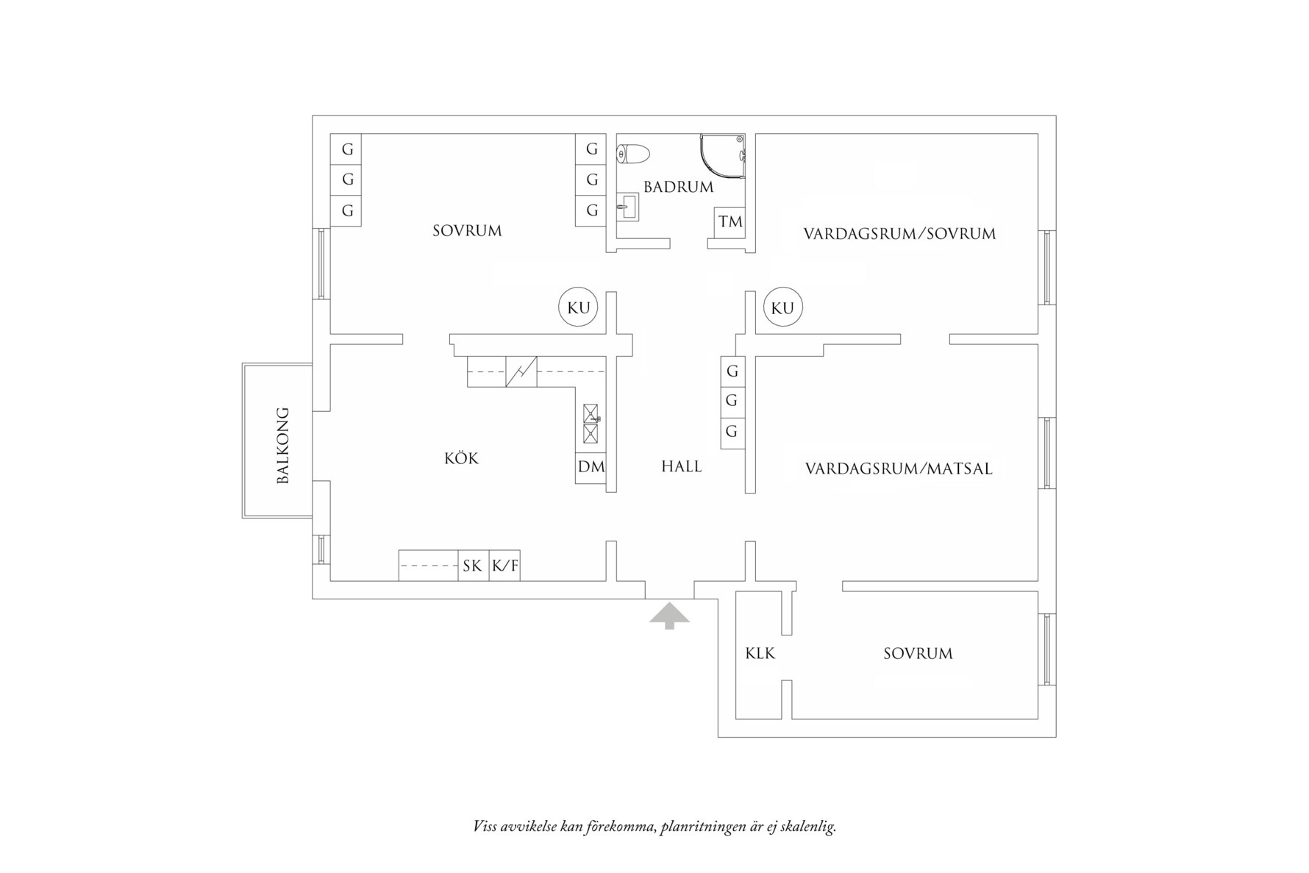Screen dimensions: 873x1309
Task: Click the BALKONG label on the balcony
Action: click(x=283, y=445)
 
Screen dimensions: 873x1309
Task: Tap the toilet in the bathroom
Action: click(x=633, y=154)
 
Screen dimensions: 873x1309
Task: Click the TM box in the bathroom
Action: click(x=730, y=221)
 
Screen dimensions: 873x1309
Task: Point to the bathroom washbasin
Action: click(x=627, y=206)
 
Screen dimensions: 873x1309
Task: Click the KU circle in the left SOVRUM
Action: click(x=579, y=307)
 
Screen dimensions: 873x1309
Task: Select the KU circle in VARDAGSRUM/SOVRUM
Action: click(x=782, y=307)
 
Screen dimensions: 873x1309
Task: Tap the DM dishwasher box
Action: click(x=591, y=467)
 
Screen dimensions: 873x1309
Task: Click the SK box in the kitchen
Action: click(x=473, y=566)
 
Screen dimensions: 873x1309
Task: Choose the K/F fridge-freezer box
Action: click(x=504, y=566)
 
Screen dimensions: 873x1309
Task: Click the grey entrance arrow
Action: click(x=669, y=616)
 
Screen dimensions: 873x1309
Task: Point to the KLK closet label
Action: click(x=760, y=653)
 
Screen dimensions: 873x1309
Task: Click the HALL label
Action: click(x=681, y=466)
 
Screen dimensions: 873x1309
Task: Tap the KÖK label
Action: click(x=461, y=459)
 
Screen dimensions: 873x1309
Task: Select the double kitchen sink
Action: click(x=591, y=424)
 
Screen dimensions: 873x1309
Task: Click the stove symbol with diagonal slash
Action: click(x=521, y=371)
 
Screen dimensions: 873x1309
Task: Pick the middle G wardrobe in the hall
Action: click(x=732, y=401)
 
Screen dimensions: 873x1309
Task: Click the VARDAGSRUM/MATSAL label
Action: click(x=899, y=468)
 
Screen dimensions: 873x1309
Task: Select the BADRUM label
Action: click(x=678, y=187)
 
